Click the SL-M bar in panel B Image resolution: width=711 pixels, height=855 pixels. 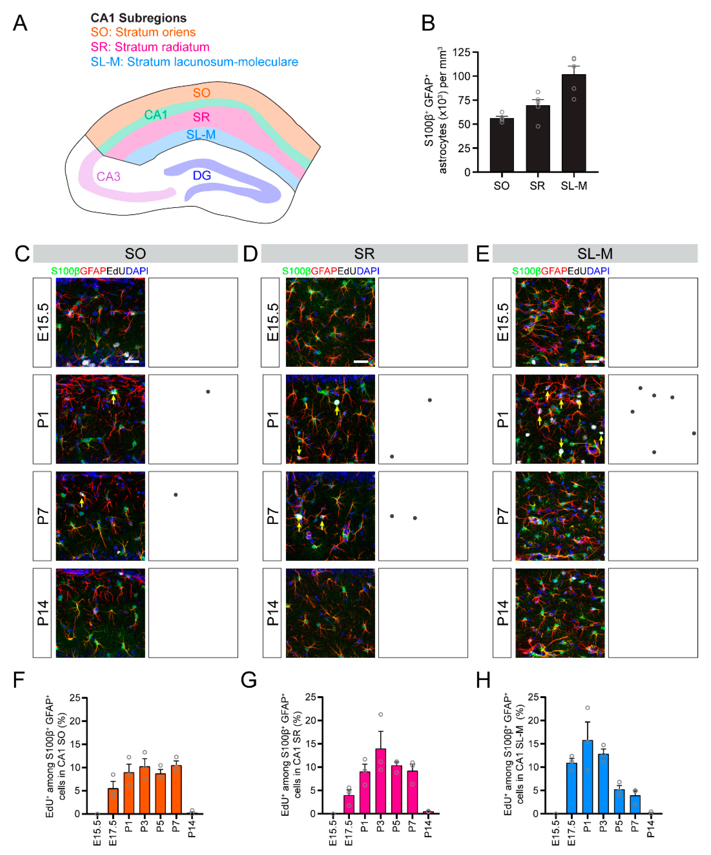point(573,123)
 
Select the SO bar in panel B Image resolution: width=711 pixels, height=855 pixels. point(501,145)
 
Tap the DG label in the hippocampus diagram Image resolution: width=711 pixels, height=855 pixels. point(202,175)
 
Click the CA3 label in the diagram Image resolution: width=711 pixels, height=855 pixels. point(108,177)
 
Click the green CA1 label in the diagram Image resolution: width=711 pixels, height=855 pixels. point(155,115)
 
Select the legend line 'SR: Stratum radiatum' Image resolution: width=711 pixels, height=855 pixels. point(150,47)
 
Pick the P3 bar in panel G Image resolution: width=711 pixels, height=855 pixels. point(380,781)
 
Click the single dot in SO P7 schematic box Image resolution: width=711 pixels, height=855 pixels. point(175,495)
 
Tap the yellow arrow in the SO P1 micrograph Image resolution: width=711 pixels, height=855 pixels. point(113,399)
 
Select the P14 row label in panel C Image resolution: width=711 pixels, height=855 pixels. point(42,613)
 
